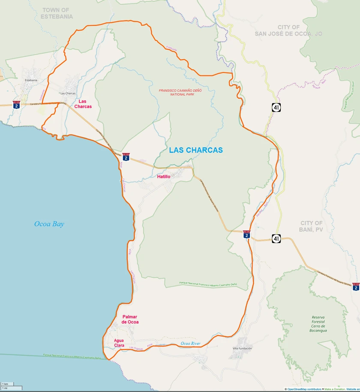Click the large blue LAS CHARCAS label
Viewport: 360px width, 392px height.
[x=196, y=150]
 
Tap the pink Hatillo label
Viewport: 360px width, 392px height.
[x=164, y=177]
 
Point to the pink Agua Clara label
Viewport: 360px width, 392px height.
[x=119, y=343]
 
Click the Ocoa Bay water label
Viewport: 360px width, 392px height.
[x=49, y=224]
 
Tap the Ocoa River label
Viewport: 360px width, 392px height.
[x=191, y=344]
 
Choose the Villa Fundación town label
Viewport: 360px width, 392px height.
[x=242, y=349]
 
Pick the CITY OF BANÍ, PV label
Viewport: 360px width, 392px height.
[x=312, y=226]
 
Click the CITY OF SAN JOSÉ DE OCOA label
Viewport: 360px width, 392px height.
[x=288, y=30]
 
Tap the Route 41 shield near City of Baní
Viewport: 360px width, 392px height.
[x=276, y=238]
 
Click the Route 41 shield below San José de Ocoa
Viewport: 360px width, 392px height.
[x=276, y=107]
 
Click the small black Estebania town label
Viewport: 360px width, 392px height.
[x=31, y=80]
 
